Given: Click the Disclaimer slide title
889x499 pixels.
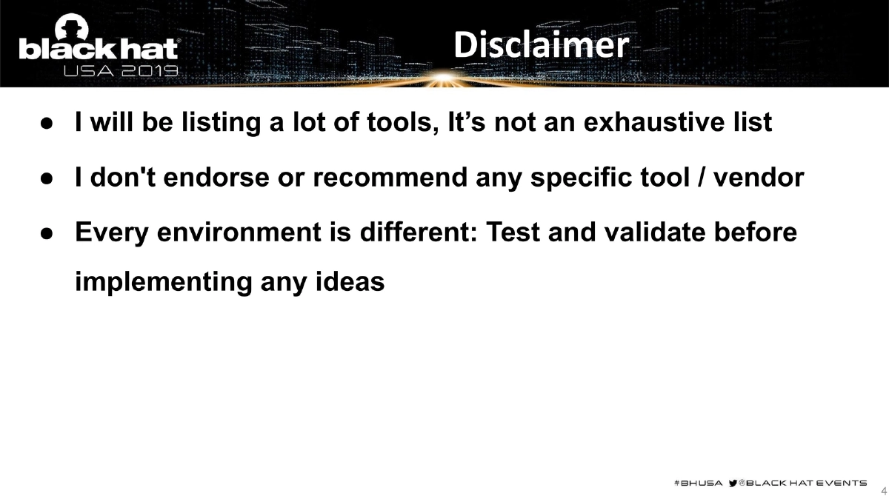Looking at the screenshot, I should (541, 46).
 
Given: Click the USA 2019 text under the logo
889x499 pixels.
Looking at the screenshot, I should (121, 72).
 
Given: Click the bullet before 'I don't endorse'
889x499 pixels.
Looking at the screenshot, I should (46, 178).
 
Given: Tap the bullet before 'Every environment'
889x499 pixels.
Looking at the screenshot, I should (46, 233).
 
